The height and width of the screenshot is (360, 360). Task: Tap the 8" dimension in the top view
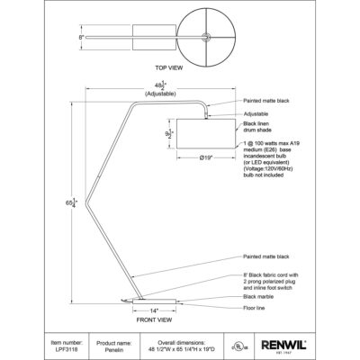pyautogui.click(x=82, y=39)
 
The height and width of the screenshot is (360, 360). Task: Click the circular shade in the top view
pyautogui.click(x=210, y=37)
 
